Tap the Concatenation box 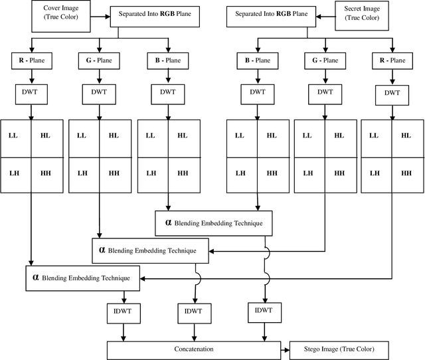pos(195,348)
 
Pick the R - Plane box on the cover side pos(31,60)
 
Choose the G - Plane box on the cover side pos(99,60)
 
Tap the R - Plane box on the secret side pos(391,60)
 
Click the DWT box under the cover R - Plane pos(31,92)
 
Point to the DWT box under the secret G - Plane pos(325,92)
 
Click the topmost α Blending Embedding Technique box pos(213,223)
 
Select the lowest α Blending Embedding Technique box pos(83,278)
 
